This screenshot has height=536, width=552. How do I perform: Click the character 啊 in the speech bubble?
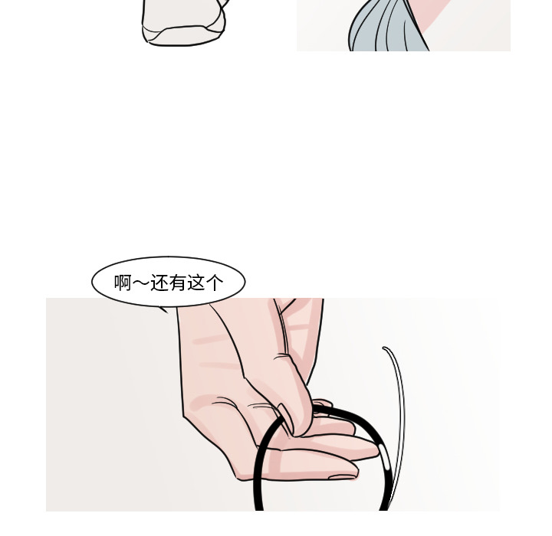point(123,283)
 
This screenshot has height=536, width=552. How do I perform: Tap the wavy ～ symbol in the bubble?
point(141,283)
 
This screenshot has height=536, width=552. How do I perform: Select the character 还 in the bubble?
point(159,283)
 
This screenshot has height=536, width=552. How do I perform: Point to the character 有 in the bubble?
point(178,283)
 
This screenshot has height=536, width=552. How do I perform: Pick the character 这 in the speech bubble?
point(196,283)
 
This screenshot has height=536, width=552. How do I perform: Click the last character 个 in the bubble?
point(215,283)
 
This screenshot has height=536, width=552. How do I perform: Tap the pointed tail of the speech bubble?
point(163,309)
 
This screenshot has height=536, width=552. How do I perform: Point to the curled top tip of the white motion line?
point(386,349)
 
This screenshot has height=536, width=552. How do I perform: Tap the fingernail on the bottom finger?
point(343,477)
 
